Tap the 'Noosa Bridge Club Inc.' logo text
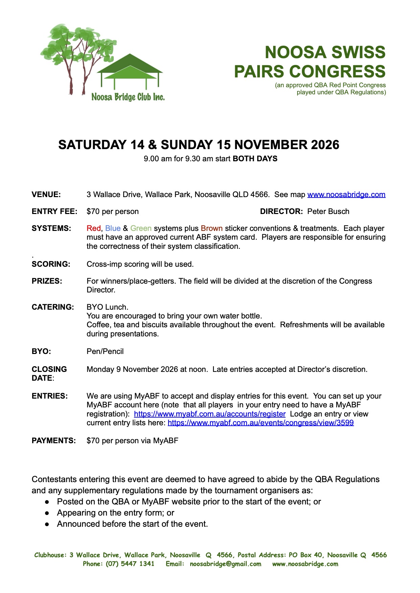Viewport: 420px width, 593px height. [x=128, y=97]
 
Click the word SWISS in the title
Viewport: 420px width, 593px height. [x=358, y=53]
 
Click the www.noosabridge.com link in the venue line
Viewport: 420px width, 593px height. [x=346, y=195]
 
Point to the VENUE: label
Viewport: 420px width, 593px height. [x=46, y=195]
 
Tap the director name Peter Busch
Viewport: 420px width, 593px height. [x=328, y=212]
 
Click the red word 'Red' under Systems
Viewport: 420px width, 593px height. [x=94, y=229]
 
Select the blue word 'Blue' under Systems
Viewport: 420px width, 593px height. [x=113, y=229]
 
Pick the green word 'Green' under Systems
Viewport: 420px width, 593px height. [x=141, y=229]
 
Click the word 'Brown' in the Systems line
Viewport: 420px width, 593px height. [x=212, y=229]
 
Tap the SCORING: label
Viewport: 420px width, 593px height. [x=51, y=264]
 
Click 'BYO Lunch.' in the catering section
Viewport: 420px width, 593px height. [x=107, y=307]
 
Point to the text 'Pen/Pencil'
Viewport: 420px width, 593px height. [x=105, y=352]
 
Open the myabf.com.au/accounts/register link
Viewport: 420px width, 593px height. [x=209, y=414]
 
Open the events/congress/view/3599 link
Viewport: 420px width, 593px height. [x=261, y=423]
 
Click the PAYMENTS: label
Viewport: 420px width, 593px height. [x=54, y=441]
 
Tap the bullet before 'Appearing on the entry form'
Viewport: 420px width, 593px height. [x=47, y=513]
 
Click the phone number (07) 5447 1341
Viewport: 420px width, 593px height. [x=130, y=564]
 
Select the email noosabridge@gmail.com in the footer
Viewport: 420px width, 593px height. [x=225, y=564]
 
